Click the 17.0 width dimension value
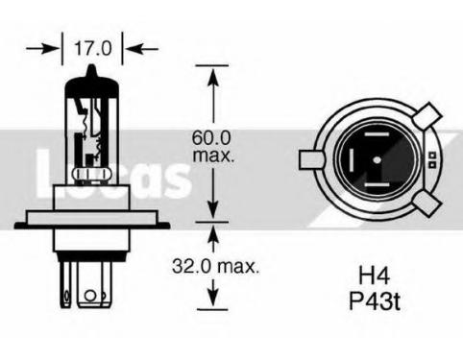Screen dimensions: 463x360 [93, 48]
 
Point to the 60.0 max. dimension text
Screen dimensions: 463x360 [212, 146]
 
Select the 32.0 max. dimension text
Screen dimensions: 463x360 [215, 266]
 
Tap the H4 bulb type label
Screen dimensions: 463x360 [374, 276]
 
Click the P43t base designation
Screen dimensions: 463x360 [375, 300]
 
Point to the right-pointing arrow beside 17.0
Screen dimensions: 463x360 [42, 49]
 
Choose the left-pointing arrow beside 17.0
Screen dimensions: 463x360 [142, 49]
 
